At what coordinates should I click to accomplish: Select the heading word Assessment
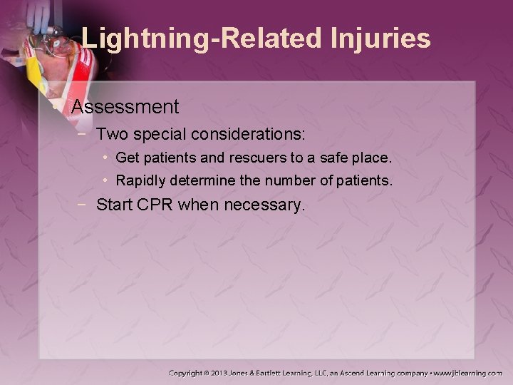click(125, 108)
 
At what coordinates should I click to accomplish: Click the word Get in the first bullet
click(127, 157)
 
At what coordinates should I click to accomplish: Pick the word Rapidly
click(140, 181)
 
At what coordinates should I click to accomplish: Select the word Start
click(115, 206)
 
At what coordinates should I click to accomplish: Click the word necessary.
click(264, 206)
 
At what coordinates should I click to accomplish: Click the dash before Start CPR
click(85, 206)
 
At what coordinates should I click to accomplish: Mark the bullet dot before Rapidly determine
click(105, 181)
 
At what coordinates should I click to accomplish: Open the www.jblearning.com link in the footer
click(470, 373)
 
